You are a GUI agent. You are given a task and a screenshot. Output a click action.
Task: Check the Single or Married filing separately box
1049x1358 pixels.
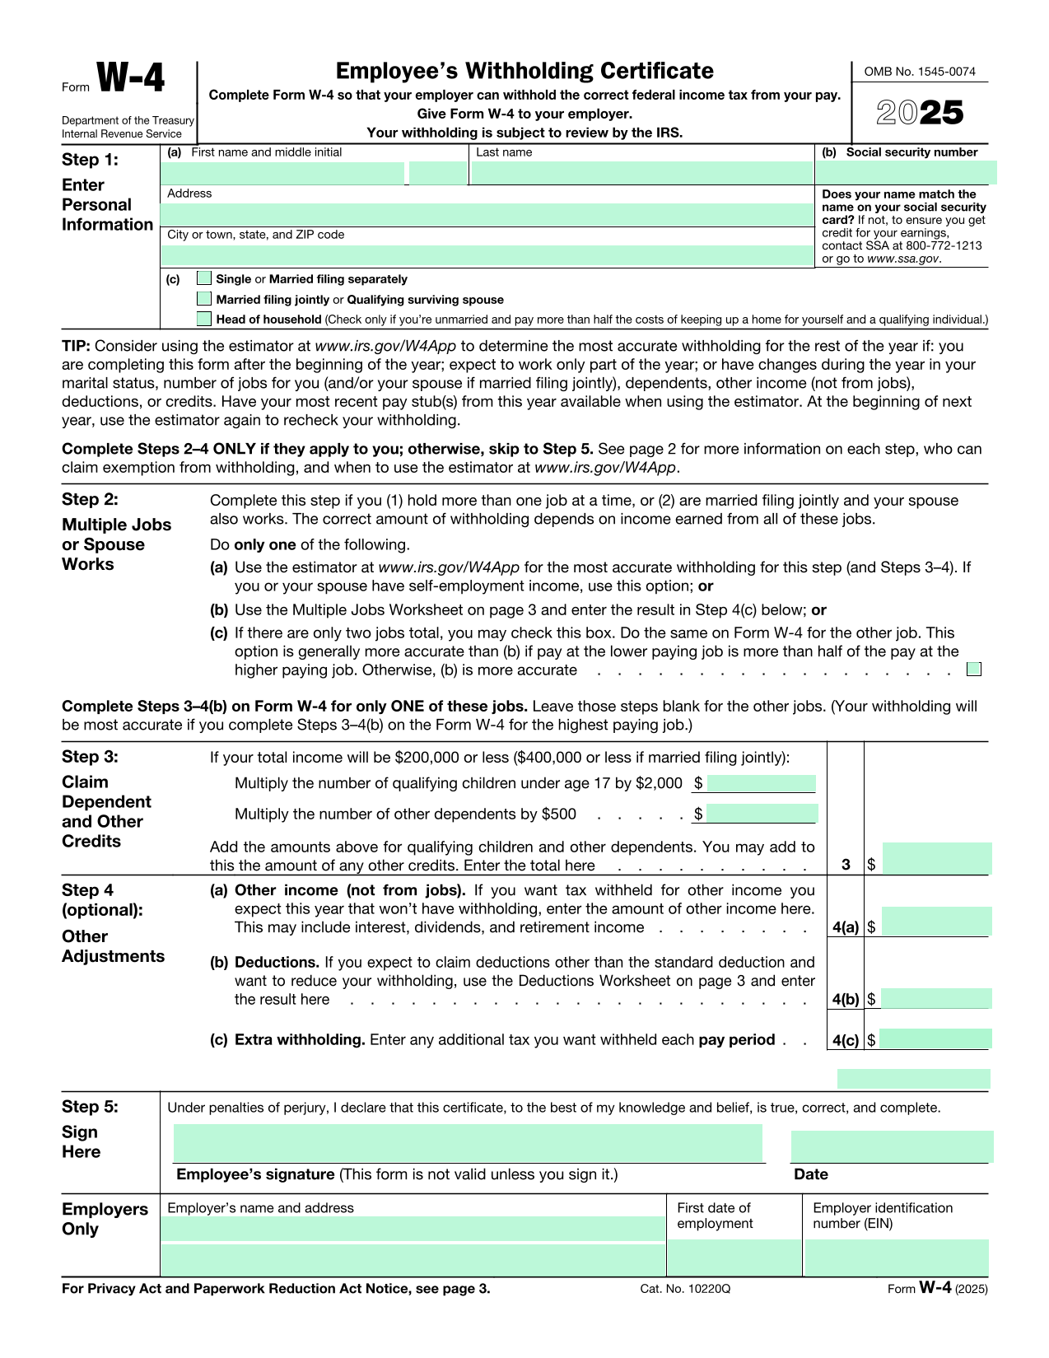pos(204,278)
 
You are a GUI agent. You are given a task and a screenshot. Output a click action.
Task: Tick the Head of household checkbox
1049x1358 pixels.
pos(204,319)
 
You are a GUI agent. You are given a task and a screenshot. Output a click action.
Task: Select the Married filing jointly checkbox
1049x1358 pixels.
pos(204,299)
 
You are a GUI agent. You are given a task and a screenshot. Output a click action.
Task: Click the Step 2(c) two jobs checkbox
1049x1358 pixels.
pos(974,669)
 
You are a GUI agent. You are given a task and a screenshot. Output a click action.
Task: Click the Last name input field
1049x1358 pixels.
pos(641,173)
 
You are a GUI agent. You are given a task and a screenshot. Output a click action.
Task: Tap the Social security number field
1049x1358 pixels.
pos(906,173)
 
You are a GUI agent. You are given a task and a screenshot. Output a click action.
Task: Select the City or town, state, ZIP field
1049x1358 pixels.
pos(487,254)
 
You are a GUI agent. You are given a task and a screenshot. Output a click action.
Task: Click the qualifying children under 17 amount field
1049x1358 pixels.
pos(761,783)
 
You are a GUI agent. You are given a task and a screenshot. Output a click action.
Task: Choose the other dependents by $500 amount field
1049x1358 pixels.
pos(762,814)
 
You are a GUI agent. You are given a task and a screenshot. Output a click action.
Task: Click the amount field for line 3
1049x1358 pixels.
pos(936,858)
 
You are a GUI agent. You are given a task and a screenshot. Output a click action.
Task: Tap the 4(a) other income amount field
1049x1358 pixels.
pos(936,922)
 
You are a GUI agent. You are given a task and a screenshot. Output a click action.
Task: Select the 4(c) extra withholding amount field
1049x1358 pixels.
pos(936,1038)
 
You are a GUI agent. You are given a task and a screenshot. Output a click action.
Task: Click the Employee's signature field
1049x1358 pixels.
pos(468,1144)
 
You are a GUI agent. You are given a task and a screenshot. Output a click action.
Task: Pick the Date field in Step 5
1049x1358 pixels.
pos(891,1146)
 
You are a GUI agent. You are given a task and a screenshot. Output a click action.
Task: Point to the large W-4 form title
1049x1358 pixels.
pos(131,79)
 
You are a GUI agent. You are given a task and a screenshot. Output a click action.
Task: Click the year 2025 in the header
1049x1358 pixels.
pos(920,113)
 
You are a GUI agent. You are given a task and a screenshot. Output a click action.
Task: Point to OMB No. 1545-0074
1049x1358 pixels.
pos(920,72)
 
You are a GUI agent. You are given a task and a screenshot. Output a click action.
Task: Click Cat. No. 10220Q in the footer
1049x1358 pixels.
pos(685,1289)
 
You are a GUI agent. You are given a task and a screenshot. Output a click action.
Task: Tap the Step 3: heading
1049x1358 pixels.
pos(90,757)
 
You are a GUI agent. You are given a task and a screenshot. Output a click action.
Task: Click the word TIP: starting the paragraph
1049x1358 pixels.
pos(76,346)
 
